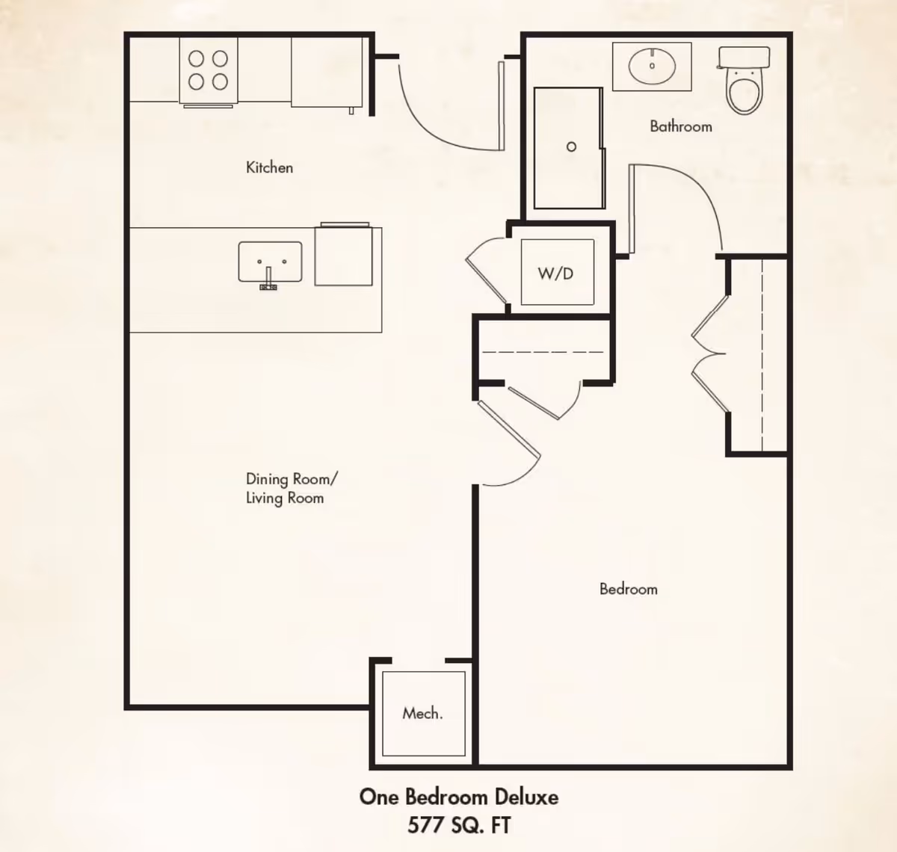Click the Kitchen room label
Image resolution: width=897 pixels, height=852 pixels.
269,167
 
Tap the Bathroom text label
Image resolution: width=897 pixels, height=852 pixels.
681,126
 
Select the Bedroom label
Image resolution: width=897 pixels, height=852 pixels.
628,589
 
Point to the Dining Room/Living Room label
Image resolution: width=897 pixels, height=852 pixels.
292,488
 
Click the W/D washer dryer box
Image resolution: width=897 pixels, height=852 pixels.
558,273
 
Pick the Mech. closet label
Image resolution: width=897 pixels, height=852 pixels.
422,713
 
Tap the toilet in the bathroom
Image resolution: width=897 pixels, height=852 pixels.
745,80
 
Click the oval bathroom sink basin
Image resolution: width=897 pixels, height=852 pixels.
652,66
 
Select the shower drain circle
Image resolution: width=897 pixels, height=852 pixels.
571,147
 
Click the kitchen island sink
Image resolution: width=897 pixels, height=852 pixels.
270,262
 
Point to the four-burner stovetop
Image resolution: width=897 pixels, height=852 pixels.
208,70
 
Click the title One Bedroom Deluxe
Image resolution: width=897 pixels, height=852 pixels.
458,797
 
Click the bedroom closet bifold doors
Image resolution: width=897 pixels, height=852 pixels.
709,354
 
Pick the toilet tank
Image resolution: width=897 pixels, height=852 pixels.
745,57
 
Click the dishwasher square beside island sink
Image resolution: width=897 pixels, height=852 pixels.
344,256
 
